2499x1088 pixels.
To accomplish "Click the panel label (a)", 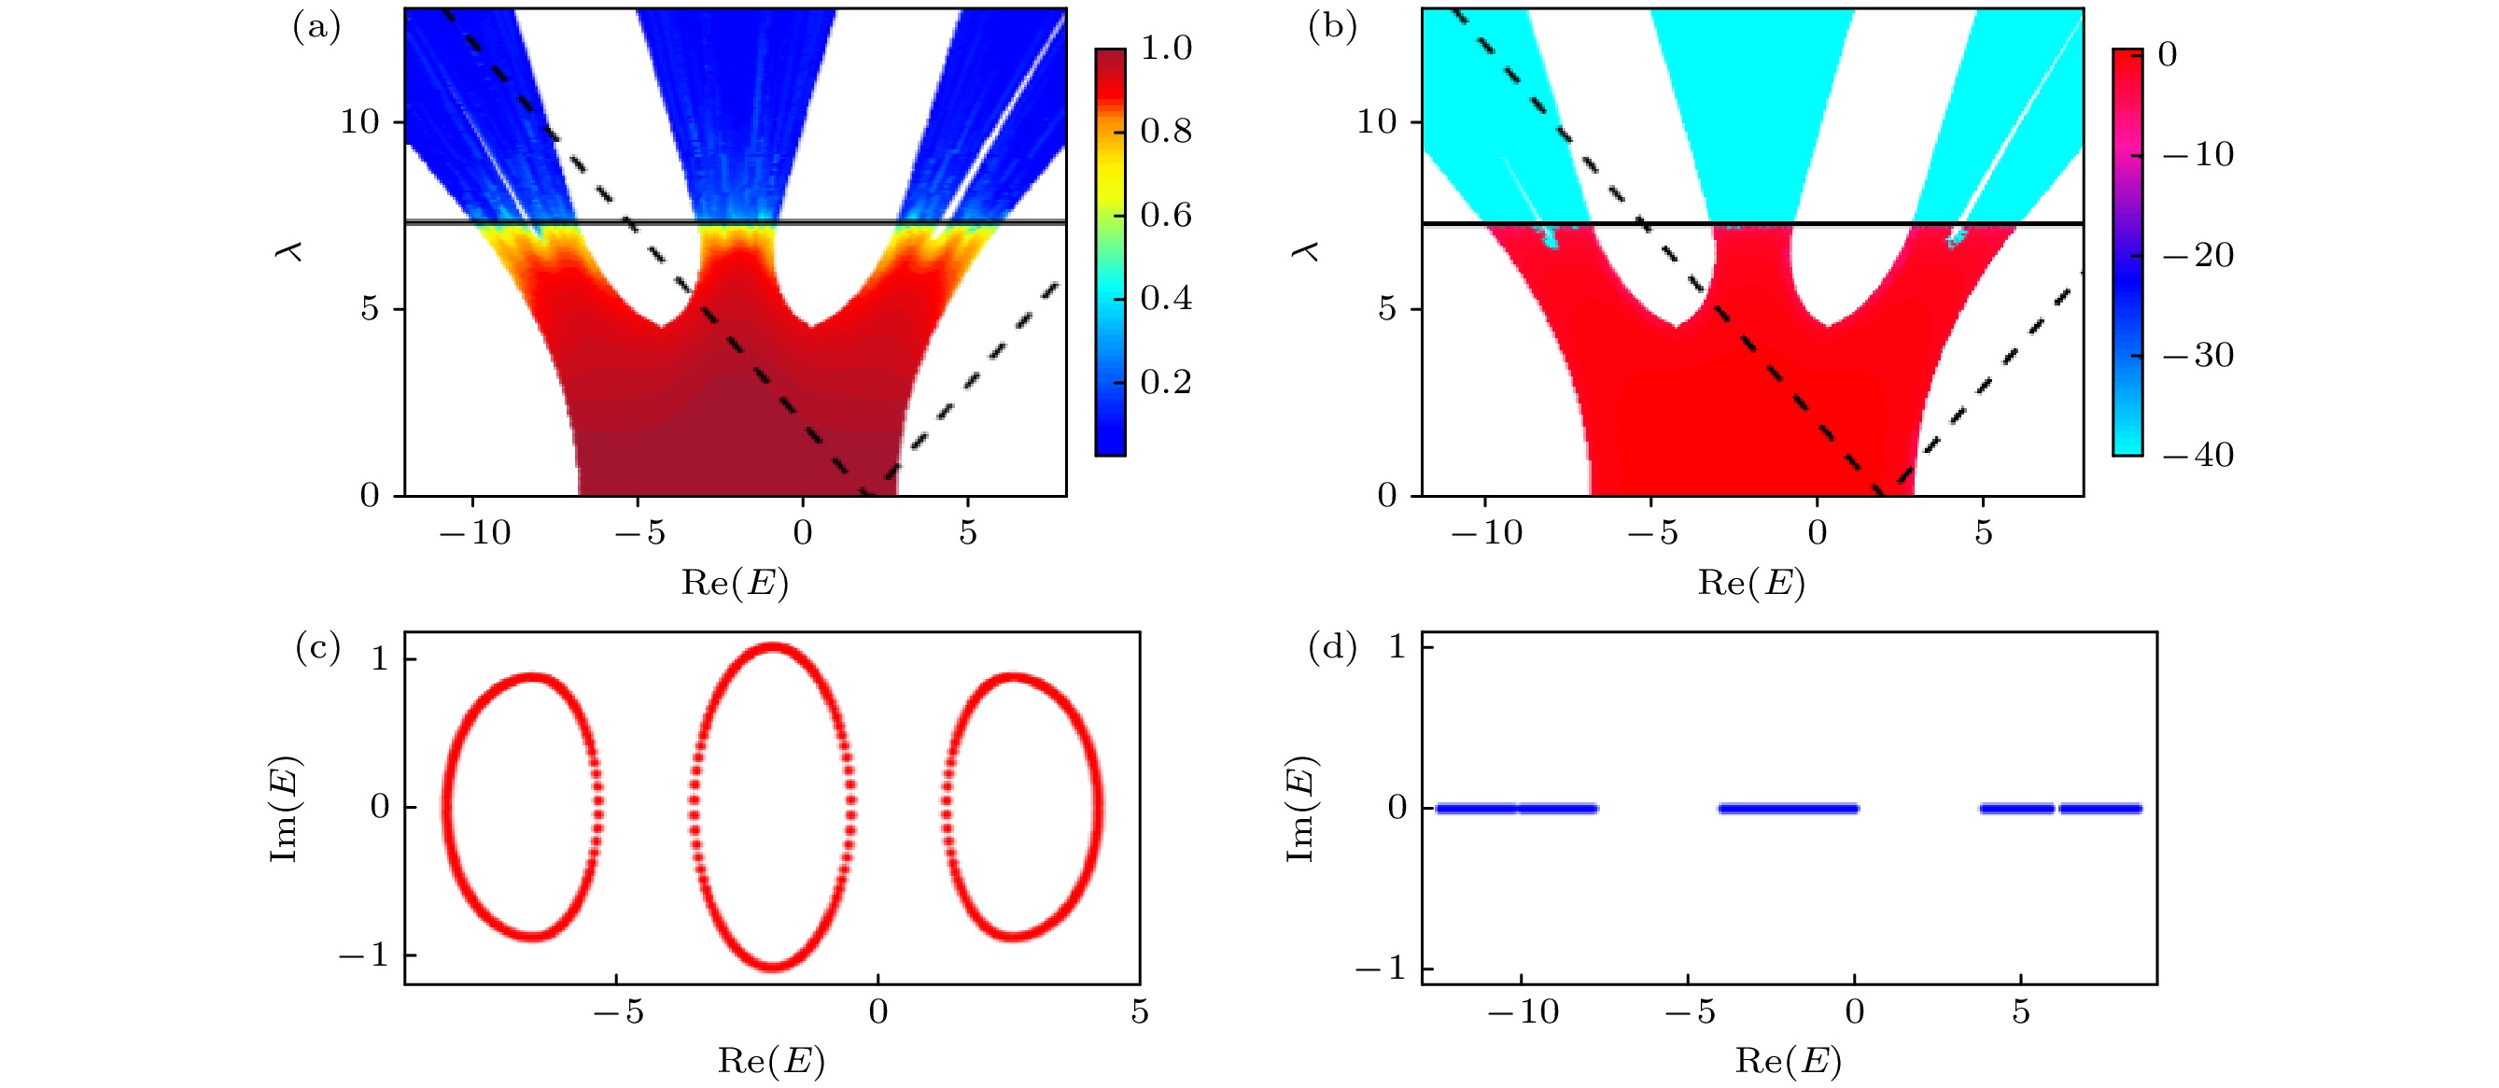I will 316,27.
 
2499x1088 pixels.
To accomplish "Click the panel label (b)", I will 1332,27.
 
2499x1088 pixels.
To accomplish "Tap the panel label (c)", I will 317,647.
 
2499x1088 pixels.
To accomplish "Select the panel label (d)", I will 1332,647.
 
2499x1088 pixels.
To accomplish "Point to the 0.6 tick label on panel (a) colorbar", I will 1166,215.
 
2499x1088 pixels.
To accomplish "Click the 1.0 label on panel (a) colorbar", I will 1166,48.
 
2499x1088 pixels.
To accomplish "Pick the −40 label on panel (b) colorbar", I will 2198,454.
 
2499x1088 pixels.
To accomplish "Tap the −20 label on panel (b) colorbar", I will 2198,255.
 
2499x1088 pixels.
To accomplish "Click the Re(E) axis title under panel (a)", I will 735,583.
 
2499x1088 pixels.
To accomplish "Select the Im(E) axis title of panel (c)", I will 284,808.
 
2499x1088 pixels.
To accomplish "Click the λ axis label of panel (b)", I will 1306,251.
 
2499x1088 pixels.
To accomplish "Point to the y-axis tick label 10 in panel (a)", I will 359,122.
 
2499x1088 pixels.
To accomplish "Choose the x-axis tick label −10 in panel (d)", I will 1523,1012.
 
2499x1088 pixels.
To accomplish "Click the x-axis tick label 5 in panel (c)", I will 1139,1012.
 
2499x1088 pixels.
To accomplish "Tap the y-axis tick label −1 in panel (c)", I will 363,956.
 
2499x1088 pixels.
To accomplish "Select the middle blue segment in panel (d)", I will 1788,809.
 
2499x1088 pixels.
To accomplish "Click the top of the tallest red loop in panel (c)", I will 772,647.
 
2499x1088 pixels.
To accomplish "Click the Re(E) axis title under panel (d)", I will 1788,1061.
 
